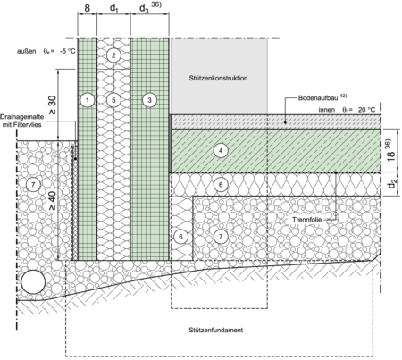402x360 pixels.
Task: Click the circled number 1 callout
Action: pos(88,100)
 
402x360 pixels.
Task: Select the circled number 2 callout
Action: pos(113,55)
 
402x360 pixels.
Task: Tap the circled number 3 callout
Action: pos(149,100)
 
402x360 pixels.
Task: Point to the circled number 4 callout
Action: pos(221,151)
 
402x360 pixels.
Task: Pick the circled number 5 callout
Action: pos(113,100)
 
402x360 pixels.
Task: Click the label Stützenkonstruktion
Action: pos(218,78)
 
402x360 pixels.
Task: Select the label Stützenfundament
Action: pos(216,330)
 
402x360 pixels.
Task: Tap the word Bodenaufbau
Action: pos(318,98)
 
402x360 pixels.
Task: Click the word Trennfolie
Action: pos(306,220)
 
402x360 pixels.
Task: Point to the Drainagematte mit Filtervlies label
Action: pos(21,121)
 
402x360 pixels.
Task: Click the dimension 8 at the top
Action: pos(87,8)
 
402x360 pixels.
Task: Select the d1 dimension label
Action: pos(114,9)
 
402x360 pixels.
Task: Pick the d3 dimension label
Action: pos(144,9)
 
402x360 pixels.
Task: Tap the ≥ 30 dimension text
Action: pos(53,105)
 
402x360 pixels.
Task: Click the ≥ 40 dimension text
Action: pos(52,201)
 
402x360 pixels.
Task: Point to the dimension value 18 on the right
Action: pos(391,155)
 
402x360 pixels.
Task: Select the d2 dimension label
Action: pos(392,185)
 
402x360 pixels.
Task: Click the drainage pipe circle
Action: pos(33,282)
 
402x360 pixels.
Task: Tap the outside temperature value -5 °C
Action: pos(67,51)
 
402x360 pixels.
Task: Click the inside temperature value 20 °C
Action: pos(366,110)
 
